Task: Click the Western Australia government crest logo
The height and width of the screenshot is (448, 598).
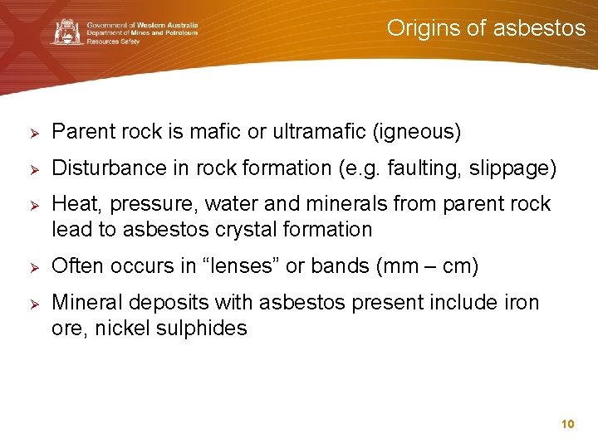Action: pos(66,32)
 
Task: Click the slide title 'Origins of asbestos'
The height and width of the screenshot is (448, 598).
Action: pos(486,28)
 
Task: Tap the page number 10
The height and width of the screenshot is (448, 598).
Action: pos(568,424)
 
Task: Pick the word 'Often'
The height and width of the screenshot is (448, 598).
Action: pos(76,267)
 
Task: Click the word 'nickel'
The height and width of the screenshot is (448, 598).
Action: pos(122,328)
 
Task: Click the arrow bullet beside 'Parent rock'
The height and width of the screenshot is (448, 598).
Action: pos(25,133)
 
